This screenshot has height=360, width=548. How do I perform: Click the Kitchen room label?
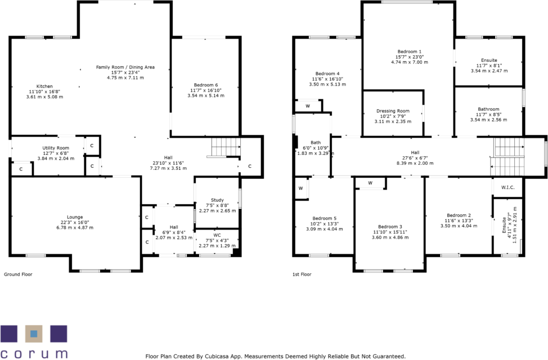[x=44, y=87]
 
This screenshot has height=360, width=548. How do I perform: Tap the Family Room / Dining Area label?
[x=125, y=67]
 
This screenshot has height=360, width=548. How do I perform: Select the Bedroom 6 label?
[x=206, y=85]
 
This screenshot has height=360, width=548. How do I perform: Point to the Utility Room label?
[x=56, y=148]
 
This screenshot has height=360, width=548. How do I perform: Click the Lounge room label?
[x=75, y=217]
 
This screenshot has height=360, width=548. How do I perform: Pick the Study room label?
[x=217, y=200]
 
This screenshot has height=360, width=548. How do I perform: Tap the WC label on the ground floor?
[x=217, y=235]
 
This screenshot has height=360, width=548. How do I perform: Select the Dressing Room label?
[x=393, y=111]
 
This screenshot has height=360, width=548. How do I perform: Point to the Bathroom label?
[x=488, y=109]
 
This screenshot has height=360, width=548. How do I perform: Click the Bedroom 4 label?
[x=327, y=74]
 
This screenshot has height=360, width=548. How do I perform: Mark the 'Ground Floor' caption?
[x=18, y=274]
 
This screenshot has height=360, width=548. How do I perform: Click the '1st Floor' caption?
[x=302, y=274]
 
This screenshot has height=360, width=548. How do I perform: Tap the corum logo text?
[x=34, y=354]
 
